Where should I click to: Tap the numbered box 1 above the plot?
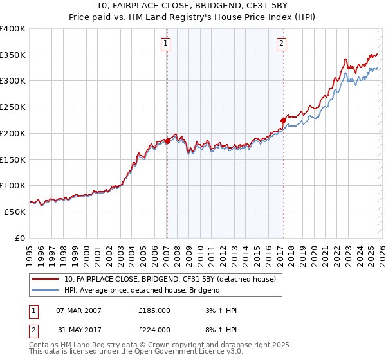coord(166,44)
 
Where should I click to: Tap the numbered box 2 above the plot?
coord(282,44)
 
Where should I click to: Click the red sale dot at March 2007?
coord(167,141)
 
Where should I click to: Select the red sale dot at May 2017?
coord(282,120)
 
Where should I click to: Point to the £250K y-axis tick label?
coord(13,107)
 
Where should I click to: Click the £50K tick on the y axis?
coord(15,212)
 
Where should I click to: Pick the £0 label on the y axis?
coord(21,238)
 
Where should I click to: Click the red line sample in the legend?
coord(46,279)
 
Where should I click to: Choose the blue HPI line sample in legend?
coord(46,290)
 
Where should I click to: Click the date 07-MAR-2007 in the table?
coord(78,310)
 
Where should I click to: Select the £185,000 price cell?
coord(154,310)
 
